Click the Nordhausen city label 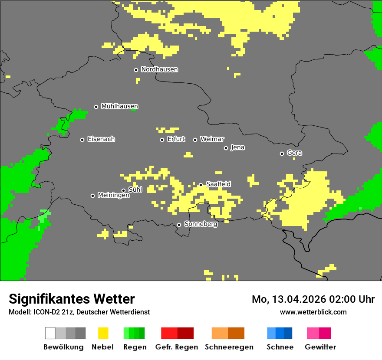tap(159, 69)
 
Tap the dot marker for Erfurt tap(162, 140)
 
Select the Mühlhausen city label tap(119, 106)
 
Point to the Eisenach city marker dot tap(82, 140)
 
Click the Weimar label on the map tap(212, 139)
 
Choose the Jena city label tap(237, 147)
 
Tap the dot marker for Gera tap(282, 154)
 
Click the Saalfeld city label tap(218, 184)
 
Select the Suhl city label tap(135, 190)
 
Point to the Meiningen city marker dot tap(92, 196)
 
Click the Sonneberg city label tap(201, 224)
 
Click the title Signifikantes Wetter tap(72, 299)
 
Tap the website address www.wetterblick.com tap(313, 312)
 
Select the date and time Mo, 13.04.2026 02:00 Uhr tap(313, 299)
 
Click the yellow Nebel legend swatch tap(103, 333)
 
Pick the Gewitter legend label tap(320, 347)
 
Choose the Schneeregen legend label tap(229, 347)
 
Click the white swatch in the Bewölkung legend tap(50, 333)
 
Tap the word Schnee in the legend tap(280, 347)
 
